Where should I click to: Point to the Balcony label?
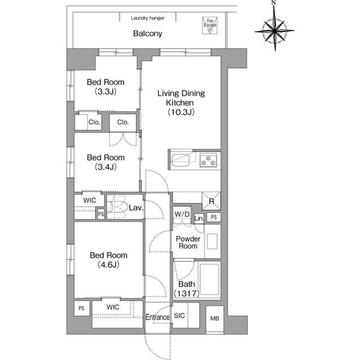point(148,34)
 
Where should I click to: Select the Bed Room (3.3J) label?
point(105,87)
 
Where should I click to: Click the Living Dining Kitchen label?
point(180,103)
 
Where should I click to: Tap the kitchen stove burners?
point(208,159)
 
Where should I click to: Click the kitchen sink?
point(182,160)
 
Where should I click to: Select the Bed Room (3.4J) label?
point(105,162)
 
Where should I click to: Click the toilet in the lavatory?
point(117,207)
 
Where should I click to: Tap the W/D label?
point(182,214)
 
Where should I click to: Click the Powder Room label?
point(188,242)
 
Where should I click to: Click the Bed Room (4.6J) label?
point(109,259)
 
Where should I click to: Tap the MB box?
point(214,319)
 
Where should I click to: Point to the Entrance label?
point(158,318)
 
